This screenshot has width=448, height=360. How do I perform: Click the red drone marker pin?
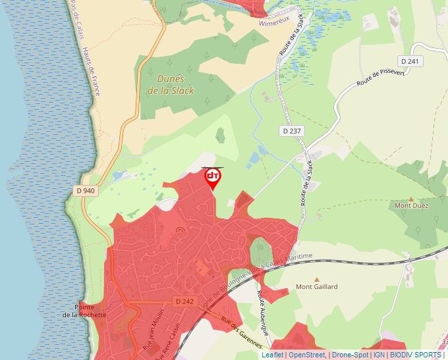213,178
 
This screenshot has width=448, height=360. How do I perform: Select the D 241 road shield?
413,61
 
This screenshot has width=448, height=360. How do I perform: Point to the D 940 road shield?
84,191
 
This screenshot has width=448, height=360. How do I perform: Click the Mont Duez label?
411,206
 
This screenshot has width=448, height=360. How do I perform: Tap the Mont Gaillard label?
316,287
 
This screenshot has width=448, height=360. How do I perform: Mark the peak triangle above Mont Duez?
411,198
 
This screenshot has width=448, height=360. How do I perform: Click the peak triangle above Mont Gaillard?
316,279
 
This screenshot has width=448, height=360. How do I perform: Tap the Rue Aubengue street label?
263,309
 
